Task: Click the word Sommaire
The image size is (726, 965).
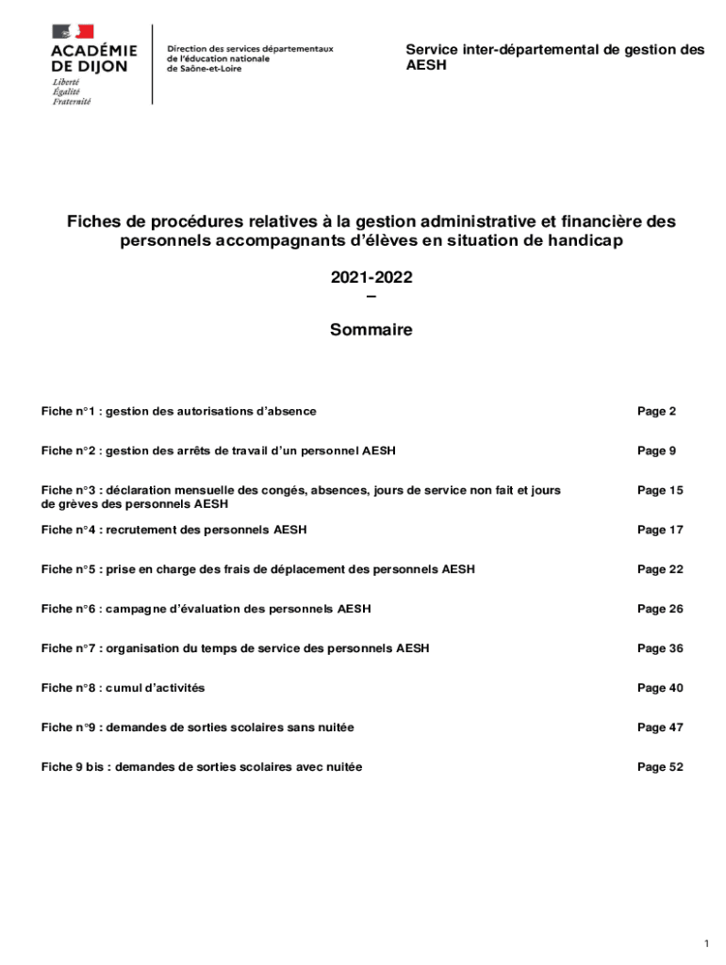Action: coord(371,331)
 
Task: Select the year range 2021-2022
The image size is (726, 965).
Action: coord(371,278)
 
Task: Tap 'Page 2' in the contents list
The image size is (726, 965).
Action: coord(656,412)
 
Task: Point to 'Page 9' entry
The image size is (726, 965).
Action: coord(656,451)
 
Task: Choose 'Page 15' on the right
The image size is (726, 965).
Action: coord(660,491)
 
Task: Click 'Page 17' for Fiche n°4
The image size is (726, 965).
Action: coord(660,531)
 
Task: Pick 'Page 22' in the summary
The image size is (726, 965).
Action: coord(660,570)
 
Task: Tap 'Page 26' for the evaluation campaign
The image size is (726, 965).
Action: coord(660,610)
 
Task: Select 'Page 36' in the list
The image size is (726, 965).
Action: coord(660,649)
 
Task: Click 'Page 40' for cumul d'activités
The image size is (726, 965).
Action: coord(660,689)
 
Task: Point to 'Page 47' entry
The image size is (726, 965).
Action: coord(660,728)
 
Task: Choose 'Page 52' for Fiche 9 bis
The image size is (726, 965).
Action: coord(660,768)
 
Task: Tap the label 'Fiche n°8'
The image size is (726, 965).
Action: coord(68,689)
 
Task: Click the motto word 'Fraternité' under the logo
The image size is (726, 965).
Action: coord(72,102)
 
